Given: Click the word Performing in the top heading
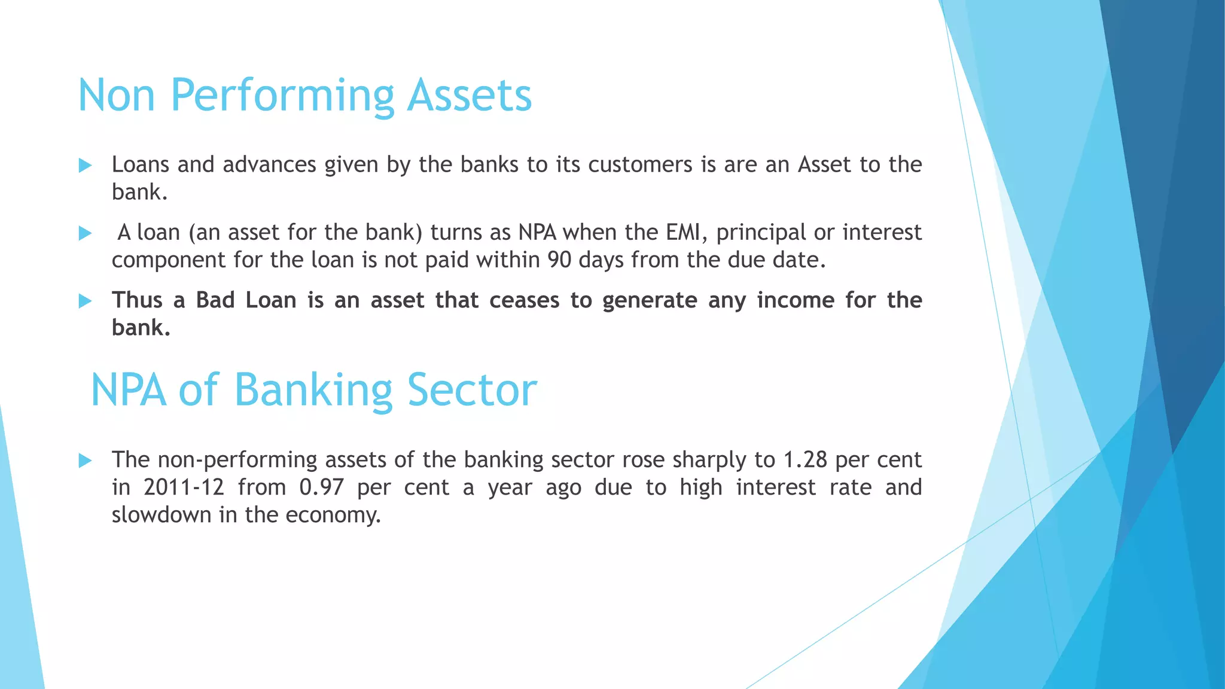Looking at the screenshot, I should [281, 96].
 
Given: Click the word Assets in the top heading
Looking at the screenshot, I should [470, 96].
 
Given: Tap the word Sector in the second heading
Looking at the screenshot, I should [472, 390].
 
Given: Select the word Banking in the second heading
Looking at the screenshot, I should [313, 390].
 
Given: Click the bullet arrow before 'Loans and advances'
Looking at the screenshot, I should [86, 166].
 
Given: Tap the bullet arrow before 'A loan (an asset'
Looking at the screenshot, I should [86, 233].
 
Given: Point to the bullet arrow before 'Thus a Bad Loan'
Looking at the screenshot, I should [86, 301].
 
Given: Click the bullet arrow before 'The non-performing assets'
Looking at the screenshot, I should [86, 461].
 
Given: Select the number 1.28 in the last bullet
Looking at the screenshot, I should [805, 460].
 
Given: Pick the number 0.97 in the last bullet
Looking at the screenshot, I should [322, 487].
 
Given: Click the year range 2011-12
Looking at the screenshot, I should [184, 487].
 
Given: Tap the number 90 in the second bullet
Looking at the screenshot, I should [559, 260].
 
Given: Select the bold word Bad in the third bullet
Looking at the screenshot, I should [215, 300].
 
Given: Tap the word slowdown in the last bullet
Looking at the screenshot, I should [161, 515].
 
